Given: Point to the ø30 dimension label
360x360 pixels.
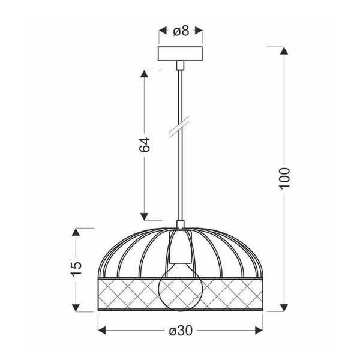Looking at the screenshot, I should point(180,331).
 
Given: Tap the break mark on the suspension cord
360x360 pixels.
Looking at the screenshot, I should point(179,130).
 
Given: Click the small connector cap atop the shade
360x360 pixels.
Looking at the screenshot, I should point(179,226).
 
